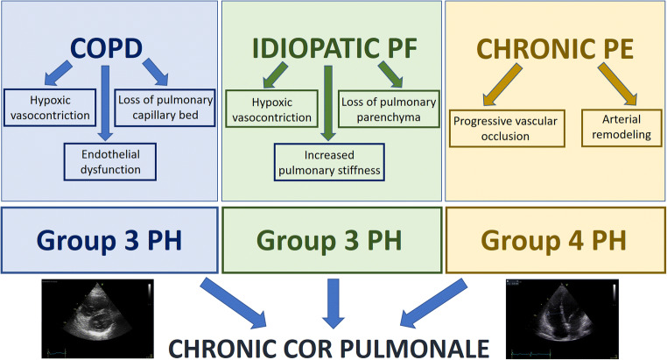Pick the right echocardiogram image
563,313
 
